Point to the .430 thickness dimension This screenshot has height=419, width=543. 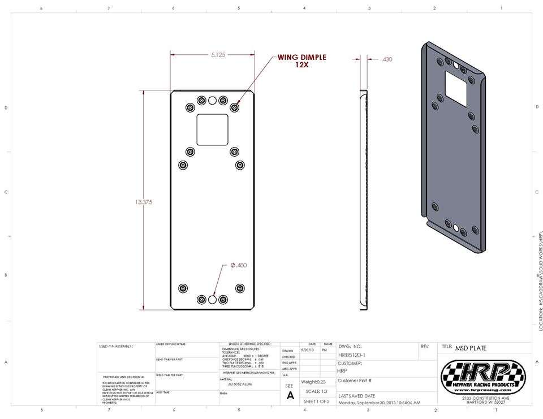(x=387, y=59)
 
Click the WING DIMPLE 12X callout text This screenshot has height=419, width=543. (x=301, y=61)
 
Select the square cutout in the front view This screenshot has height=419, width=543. (x=213, y=129)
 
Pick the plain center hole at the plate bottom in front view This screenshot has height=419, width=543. (x=212, y=299)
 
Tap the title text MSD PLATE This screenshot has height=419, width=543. (x=471, y=348)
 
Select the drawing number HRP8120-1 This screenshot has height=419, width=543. (x=351, y=355)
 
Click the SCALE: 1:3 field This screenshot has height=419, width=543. (x=317, y=391)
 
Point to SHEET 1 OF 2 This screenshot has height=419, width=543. (x=316, y=401)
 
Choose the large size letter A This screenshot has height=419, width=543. (x=290, y=396)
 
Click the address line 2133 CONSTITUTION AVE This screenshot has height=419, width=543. (x=484, y=399)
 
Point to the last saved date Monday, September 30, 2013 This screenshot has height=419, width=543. (x=379, y=403)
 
